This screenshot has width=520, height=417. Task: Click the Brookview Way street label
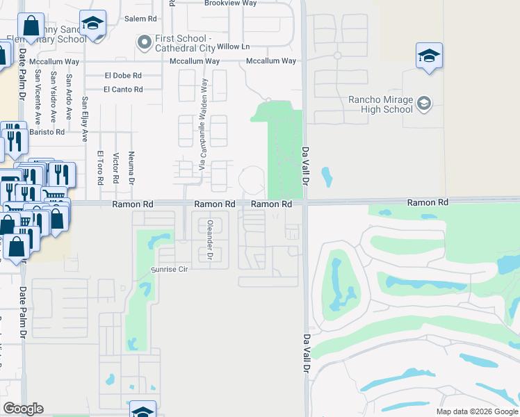pos(230,3)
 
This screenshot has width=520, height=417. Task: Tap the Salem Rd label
pos(138,19)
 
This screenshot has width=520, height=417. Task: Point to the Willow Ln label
pos(233,47)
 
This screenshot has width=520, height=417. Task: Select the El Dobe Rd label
pos(123,75)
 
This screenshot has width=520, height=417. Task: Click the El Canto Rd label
pos(123,89)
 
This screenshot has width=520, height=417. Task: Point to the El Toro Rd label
pos(100,168)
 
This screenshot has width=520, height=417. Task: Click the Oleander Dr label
pos(209,239)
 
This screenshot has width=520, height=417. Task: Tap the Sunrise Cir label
pos(170,269)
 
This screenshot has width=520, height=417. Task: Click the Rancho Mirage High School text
pos(380,104)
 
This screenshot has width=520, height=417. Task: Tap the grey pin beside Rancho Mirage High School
pos(424,104)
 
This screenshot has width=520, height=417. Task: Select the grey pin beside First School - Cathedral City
pos(145,43)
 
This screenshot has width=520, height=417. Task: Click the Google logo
pos(24,409)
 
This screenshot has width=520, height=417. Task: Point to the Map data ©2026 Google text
pos(476,411)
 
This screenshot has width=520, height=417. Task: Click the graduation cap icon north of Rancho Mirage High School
pos(429,56)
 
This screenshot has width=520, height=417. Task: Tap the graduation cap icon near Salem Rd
pos(92,23)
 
